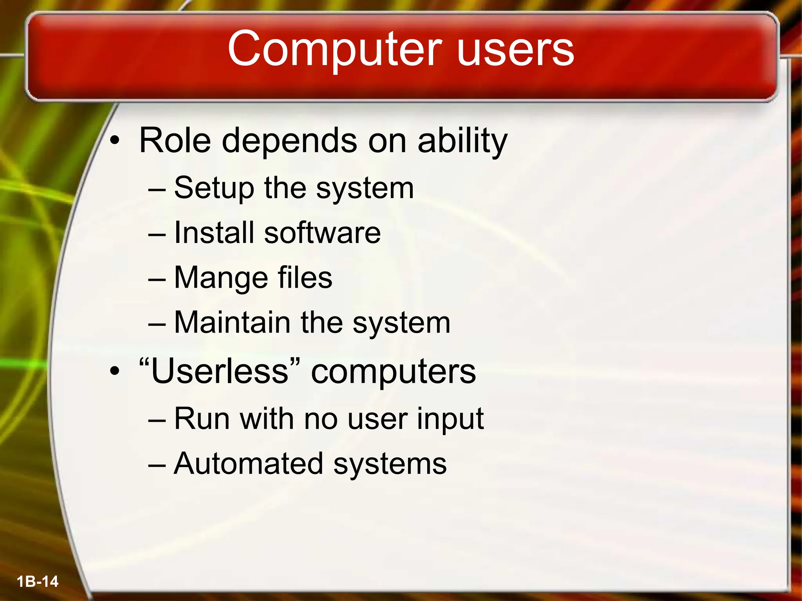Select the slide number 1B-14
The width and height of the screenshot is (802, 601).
[38, 581]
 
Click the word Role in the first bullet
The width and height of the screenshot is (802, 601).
[175, 140]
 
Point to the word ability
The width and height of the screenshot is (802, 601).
[462, 141]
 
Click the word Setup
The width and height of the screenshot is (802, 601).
[214, 188]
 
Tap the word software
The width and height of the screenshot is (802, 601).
[322, 232]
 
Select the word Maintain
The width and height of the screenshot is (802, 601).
[232, 322]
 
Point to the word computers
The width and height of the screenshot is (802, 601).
[393, 372]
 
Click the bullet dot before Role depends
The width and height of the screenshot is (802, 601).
[114, 141]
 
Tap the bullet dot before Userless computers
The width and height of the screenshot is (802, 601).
[114, 371]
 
